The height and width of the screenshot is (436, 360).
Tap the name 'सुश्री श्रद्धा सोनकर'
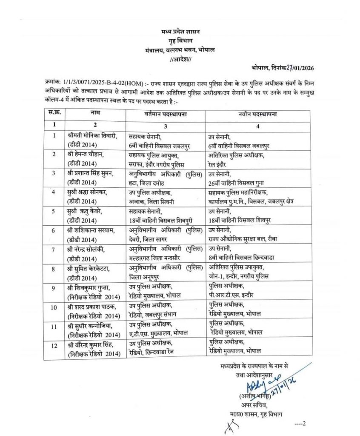(x=91, y=193)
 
